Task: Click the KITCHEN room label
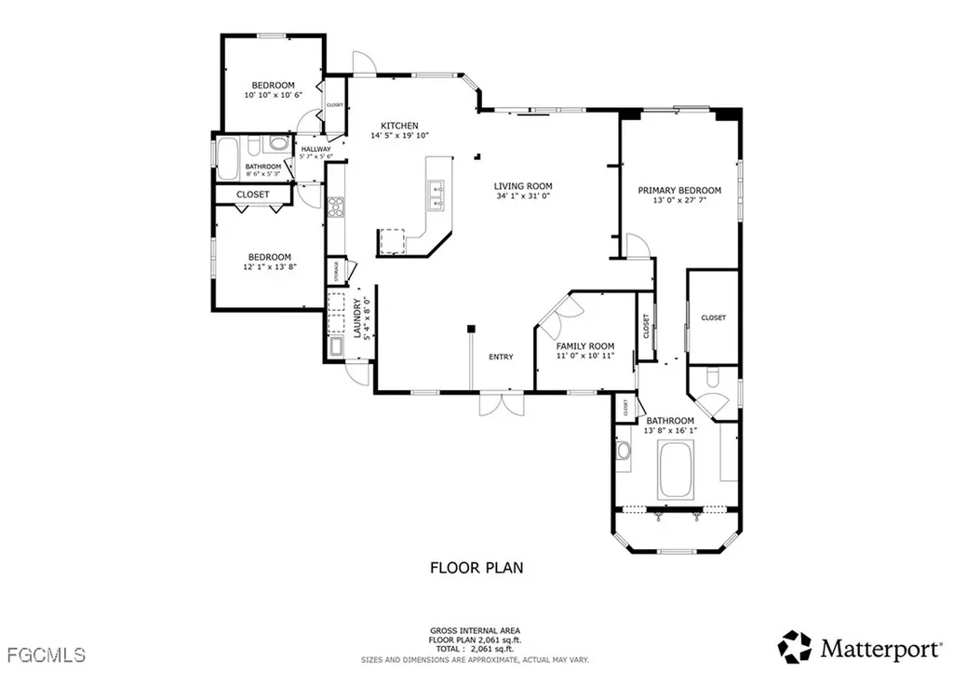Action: [x=399, y=126]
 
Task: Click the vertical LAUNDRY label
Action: [x=357, y=317]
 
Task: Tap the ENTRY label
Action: [x=501, y=357]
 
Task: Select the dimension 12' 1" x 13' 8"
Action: [x=269, y=268]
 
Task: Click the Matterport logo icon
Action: [x=795, y=645]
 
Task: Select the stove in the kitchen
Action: [x=336, y=207]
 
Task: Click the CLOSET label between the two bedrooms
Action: [x=252, y=195]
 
